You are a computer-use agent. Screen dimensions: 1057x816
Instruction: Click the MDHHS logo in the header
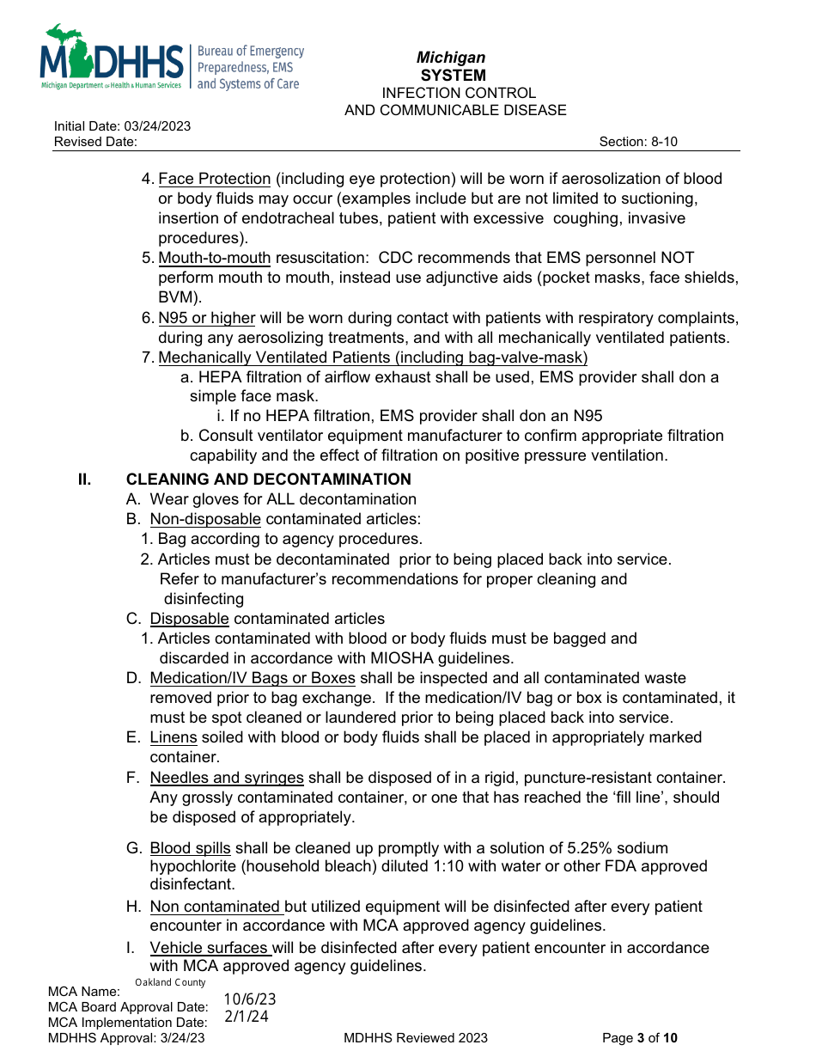click(112, 58)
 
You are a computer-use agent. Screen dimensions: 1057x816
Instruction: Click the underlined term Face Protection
click(215, 179)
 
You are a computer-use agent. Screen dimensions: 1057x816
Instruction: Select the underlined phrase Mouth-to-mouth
click(215, 258)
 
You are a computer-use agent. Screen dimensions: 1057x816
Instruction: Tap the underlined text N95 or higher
click(207, 318)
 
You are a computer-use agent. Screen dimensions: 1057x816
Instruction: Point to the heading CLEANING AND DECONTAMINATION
click(268, 480)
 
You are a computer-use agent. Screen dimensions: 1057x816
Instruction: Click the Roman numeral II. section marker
click(85, 480)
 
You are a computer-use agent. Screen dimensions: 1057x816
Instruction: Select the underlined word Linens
click(174, 737)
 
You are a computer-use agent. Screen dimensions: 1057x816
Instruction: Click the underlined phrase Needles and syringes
click(227, 778)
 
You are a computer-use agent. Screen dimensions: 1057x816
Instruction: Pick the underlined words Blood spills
click(191, 848)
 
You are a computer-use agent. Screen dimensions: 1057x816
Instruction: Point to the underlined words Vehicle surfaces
click(210, 948)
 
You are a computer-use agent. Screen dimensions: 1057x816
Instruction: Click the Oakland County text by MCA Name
click(170, 982)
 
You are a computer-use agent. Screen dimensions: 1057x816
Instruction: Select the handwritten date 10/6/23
click(250, 999)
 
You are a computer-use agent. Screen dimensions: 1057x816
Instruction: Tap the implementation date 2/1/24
click(247, 1017)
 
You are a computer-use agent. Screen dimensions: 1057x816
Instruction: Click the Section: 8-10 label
click(638, 142)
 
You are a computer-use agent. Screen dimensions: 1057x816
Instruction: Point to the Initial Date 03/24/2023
click(122, 126)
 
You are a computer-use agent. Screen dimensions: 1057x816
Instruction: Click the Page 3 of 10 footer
click(640, 1038)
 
